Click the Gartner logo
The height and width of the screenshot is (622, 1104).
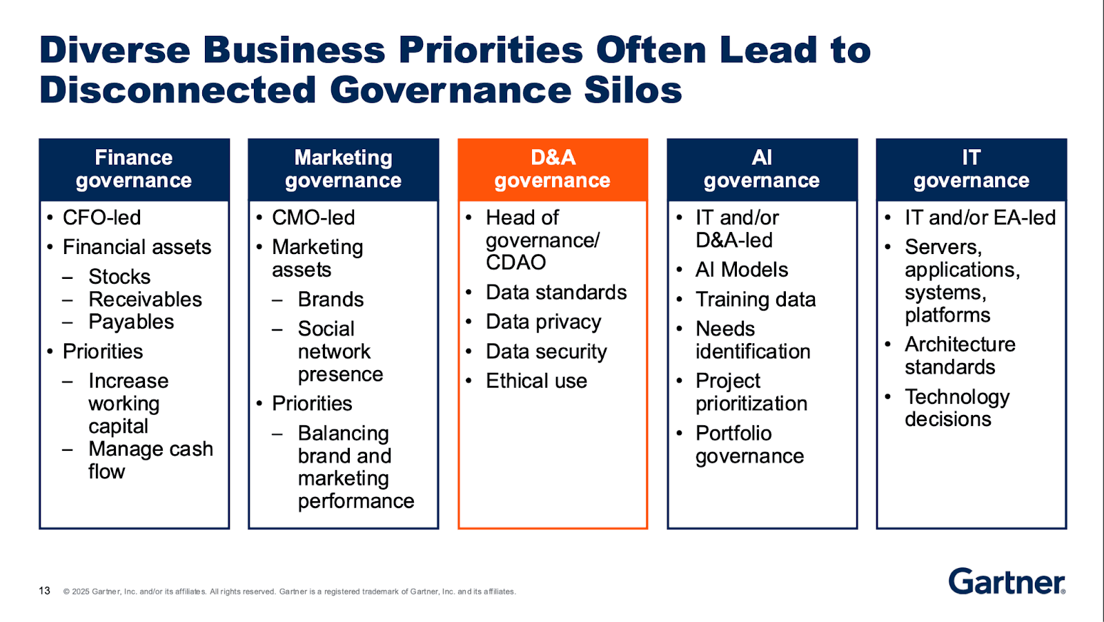pyautogui.click(x=1007, y=581)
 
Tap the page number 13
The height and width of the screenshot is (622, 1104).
pyautogui.click(x=45, y=591)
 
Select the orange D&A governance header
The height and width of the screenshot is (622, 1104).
pyautogui.click(x=553, y=169)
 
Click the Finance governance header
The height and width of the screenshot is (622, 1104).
pyautogui.click(x=134, y=169)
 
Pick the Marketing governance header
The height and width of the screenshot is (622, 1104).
pyautogui.click(x=343, y=169)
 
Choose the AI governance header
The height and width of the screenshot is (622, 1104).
pyautogui.click(x=762, y=169)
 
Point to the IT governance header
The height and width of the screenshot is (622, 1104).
pyautogui.click(x=971, y=169)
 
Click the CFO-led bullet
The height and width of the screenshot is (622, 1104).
pyautogui.click(x=101, y=217)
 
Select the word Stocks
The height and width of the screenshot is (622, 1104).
pyautogui.click(x=119, y=277)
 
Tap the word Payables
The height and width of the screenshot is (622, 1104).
pyautogui.click(x=131, y=322)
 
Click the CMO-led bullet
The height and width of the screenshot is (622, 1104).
pyautogui.click(x=313, y=217)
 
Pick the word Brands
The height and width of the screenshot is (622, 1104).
pyautogui.click(x=331, y=300)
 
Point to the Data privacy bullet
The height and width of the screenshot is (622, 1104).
pyautogui.click(x=544, y=322)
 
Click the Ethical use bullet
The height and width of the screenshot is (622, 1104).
pyautogui.click(x=536, y=381)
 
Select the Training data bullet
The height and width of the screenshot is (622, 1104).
pyautogui.click(x=756, y=300)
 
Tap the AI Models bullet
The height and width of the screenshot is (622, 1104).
pyautogui.click(x=742, y=270)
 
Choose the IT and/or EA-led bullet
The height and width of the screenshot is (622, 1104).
pyautogui.click(x=980, y=217)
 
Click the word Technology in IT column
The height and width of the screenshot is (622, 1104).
pyautogui.click(x=957, y=397)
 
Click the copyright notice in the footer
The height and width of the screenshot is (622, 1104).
pyautogui.click(x=290, y=592)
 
